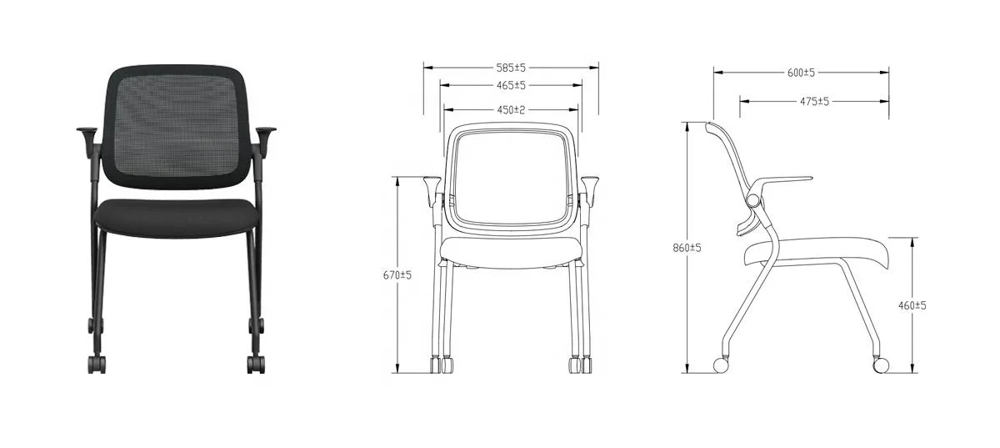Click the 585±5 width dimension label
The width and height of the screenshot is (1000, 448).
point(510,67)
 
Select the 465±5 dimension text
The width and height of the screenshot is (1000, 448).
point(510,85)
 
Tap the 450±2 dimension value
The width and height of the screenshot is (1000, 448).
point(510,108)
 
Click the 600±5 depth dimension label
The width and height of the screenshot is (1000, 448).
point(800,73)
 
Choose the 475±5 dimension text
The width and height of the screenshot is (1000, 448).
point(813,101)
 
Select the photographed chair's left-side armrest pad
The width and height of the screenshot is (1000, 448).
point(88,131)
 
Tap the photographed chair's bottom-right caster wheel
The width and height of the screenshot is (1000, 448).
point(257,364)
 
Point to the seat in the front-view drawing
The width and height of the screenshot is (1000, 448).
point(510,251)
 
